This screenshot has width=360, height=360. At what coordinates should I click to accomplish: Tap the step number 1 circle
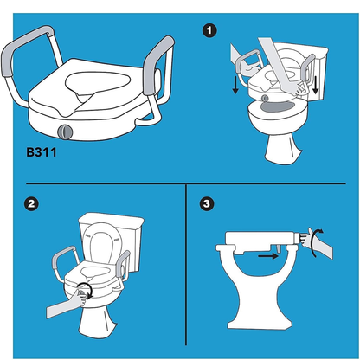(x=209, y=30)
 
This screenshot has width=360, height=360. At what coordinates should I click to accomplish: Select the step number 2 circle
(x=31, y=205)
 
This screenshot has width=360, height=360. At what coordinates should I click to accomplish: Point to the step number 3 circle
(x=205, y=205)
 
